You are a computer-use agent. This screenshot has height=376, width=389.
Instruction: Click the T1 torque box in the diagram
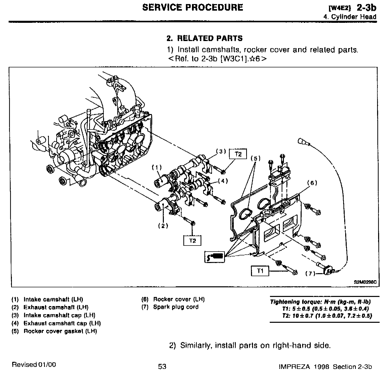point(260,271)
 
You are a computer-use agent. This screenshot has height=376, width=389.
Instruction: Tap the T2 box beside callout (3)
point(238,154)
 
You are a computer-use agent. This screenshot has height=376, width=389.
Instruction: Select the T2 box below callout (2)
point(192,240)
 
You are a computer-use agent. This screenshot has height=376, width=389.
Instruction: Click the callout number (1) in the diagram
point(157,167)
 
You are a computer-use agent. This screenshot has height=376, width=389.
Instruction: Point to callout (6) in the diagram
point(312,183)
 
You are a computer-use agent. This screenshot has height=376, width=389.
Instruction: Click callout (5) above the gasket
point(256,159)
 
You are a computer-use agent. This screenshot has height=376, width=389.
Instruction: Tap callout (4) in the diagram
point(223,181)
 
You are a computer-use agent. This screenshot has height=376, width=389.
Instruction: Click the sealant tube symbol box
point(214,256)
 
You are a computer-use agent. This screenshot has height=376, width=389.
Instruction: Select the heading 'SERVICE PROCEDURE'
point(192,7)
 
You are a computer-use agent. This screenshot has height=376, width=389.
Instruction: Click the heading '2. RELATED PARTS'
point(204,39)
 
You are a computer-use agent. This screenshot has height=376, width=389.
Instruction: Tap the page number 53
point(162,366)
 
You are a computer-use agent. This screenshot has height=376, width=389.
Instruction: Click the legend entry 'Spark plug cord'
point(176,307)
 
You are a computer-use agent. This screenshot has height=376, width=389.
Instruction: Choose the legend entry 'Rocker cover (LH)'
point(179,299)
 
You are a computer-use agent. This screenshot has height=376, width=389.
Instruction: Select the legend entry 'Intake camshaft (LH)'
point(53,299)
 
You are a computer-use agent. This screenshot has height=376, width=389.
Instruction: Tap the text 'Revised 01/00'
point(34,365)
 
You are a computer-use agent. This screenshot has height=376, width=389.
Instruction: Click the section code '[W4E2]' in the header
point(339,8)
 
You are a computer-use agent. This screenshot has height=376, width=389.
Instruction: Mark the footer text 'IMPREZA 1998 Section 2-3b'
point(325,367)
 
